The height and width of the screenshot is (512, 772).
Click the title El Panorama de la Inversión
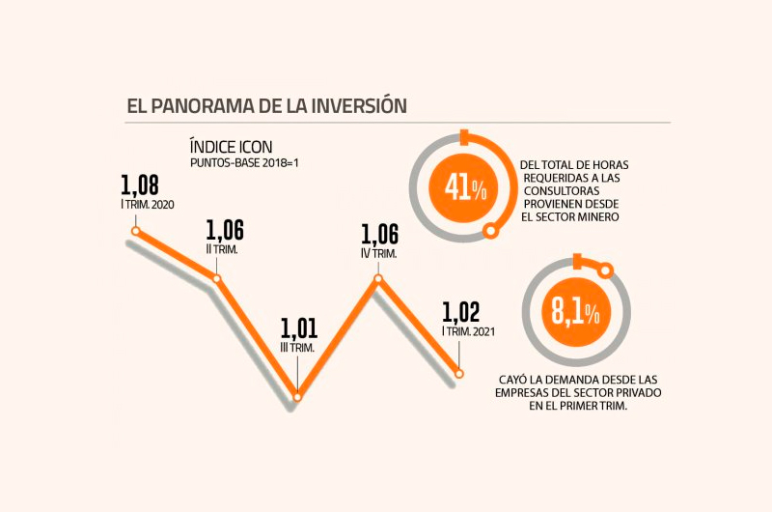coord(266,105)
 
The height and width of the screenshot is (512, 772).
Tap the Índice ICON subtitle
coord(232,147)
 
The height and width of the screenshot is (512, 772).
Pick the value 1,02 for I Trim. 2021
coord(460,313)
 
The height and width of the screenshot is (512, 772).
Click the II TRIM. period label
coord(223,248)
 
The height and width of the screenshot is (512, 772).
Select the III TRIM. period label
coord(298,347)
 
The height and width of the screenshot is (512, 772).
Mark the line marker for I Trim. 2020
coord(136,231)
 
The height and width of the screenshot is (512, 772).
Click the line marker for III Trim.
coord(297,396)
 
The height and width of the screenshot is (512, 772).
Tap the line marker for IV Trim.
coord(378,279)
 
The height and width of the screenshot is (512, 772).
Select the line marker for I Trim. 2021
coord(459,373)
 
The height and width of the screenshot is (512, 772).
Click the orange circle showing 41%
coord(464,186)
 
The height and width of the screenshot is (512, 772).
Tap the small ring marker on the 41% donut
coord(492,230)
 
